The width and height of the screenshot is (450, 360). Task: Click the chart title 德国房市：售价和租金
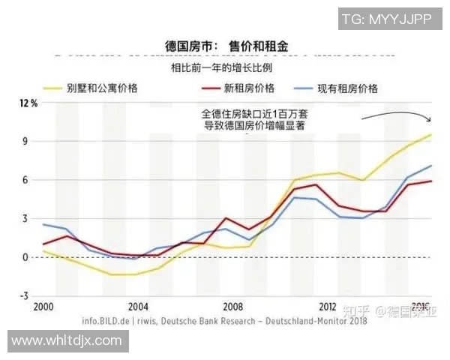(x=226, y=46)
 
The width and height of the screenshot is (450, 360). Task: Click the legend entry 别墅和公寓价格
(x=104, y=88)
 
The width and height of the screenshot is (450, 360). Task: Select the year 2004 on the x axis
(x=137, y=307)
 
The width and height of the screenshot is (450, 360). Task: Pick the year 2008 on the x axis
(x=233, y=307)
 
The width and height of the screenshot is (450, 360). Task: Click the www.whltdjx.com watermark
(x=65, y=340)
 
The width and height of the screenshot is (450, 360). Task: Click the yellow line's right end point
(x=430, y=135)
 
